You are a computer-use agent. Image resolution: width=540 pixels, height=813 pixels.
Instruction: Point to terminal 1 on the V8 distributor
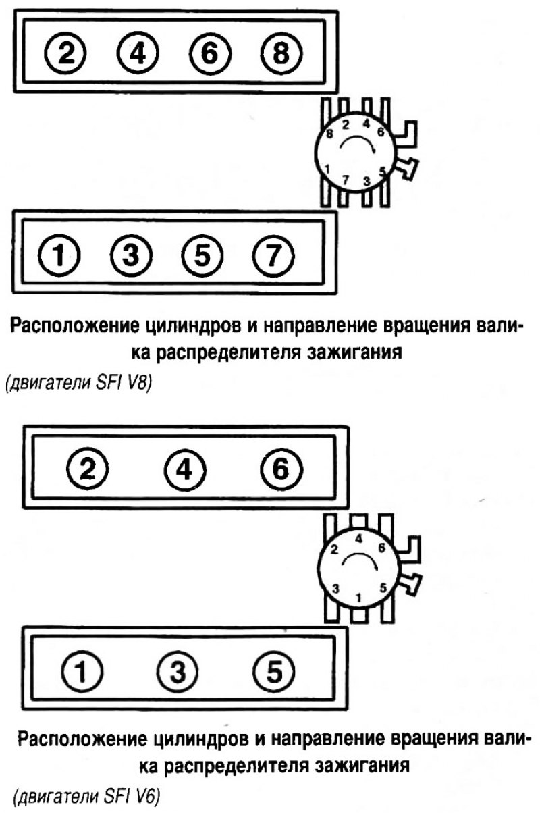[327, 168]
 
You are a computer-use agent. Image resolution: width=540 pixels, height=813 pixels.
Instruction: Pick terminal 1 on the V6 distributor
[359, 597]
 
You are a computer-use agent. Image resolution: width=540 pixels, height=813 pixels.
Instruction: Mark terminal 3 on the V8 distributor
[367, 181]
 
